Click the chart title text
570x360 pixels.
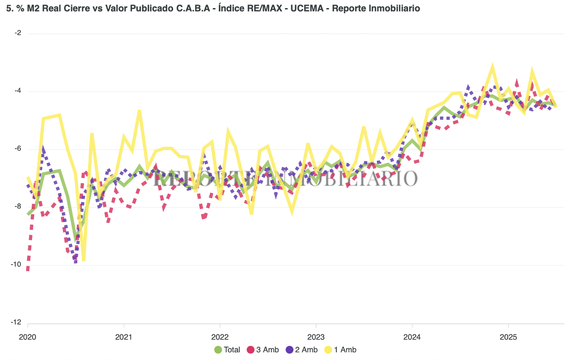pyautogui.click(x=213, y=9)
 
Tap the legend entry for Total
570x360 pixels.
pyautogui.click(x=227, y=350)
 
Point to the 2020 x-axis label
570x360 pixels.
pyautogui.click(x=27, y=337)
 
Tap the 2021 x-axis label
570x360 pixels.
pyautogui.click(x=123, y=337)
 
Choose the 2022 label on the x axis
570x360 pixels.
pyautogui.click(x=220, y=337)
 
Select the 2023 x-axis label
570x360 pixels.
pyautogui.click(x=316, y=337)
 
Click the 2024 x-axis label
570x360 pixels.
pyautogui.click(x=412, y=337)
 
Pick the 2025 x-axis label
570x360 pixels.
pyautogui.click(x=508, y=337)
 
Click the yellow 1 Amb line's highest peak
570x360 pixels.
pyautogui.click(x=493, y=68)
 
